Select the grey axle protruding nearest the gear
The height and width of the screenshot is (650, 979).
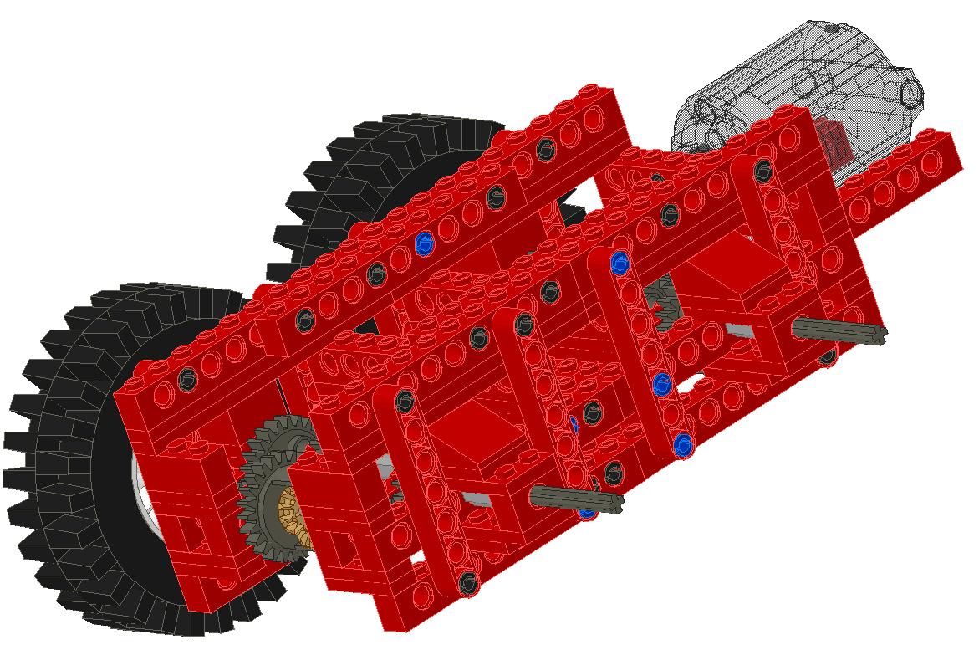(577, 499)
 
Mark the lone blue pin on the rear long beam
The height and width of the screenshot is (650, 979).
(425, 243)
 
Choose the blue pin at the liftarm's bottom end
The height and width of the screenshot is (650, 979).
(684, 444)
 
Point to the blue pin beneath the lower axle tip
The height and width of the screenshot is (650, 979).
(588, 509)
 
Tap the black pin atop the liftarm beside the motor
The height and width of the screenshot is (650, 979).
(762, 171)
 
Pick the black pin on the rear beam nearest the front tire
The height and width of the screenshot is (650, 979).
(187, 377)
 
